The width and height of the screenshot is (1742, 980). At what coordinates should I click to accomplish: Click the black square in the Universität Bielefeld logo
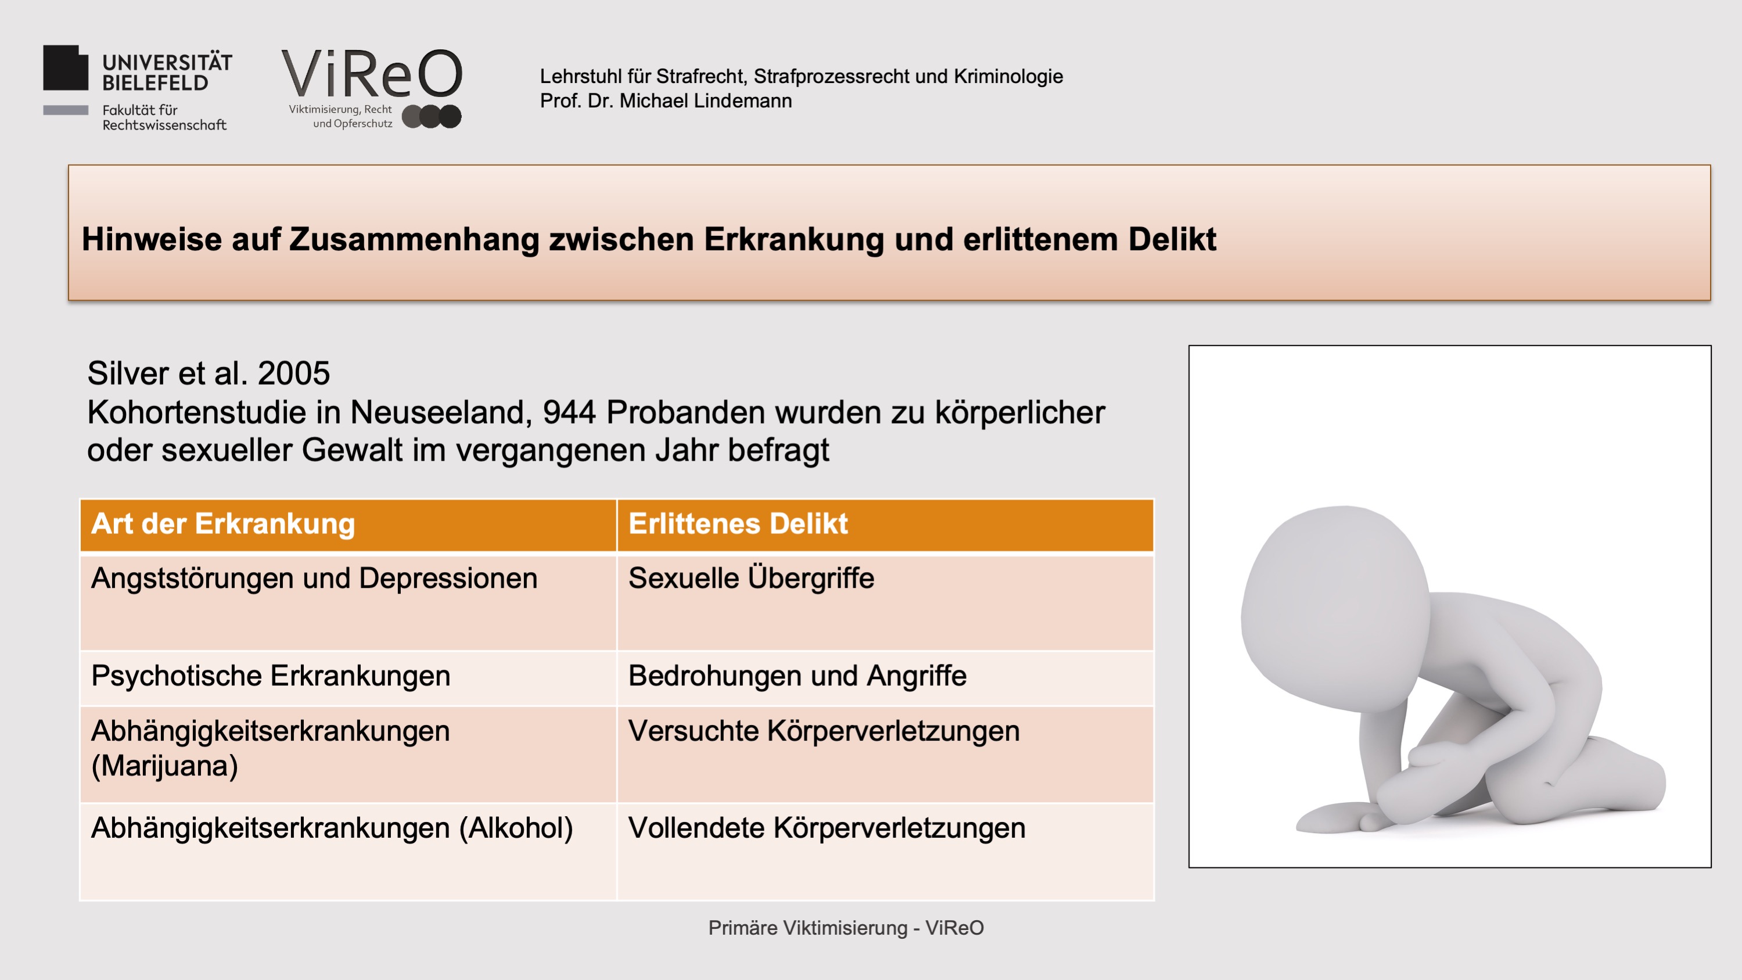[66, 67]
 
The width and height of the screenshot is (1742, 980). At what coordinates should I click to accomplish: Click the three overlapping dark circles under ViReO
[432, 116]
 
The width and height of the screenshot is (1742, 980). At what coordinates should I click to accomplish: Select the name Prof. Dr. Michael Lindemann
[666, 100]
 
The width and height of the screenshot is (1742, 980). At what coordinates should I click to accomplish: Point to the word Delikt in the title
[1172, 239]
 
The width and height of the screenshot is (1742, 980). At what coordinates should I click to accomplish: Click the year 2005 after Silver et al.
[293, 374]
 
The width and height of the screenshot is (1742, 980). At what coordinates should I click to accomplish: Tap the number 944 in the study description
[569, 412]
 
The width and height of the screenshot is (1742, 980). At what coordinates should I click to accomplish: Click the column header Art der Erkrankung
[223, 523]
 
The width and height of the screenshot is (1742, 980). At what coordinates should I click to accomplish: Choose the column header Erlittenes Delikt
[738, 523]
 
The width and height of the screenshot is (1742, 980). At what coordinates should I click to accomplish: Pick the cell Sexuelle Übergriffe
[751, 578]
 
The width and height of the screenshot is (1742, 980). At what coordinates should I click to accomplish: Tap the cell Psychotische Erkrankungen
[271, 676]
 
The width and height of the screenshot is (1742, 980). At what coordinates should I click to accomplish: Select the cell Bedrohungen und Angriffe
[798, 676]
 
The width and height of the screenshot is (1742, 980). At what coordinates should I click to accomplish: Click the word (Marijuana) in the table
[164, 766]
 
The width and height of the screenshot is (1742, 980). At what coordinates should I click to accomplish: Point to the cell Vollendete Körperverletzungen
[827, 828]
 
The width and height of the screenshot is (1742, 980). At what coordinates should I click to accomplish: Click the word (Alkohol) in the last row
[516, 828]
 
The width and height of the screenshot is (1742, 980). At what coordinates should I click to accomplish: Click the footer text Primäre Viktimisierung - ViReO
[846, 928]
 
